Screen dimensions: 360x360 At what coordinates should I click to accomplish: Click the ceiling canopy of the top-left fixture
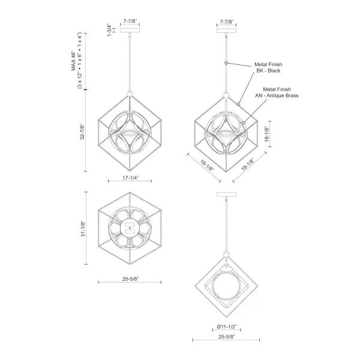[x=130, y=28]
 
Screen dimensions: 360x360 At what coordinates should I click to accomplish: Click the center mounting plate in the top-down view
[x=129, y=227]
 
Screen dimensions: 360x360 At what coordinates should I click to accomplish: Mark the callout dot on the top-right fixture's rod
[x=226, y=63]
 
